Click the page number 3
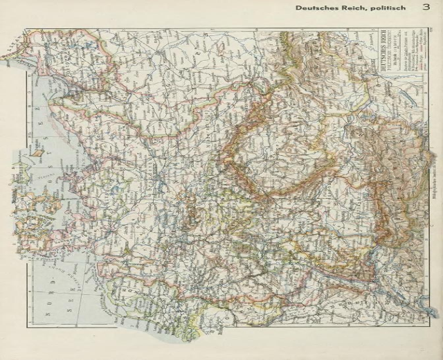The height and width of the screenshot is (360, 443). pos(424,8)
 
